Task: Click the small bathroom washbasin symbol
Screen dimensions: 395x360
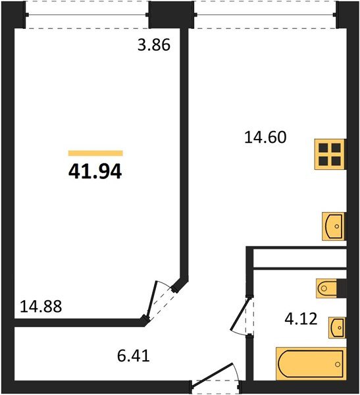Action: pos(336,327)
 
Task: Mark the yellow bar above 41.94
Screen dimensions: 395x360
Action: pos(95,153)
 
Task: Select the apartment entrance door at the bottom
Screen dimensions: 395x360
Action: pos(216,377)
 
